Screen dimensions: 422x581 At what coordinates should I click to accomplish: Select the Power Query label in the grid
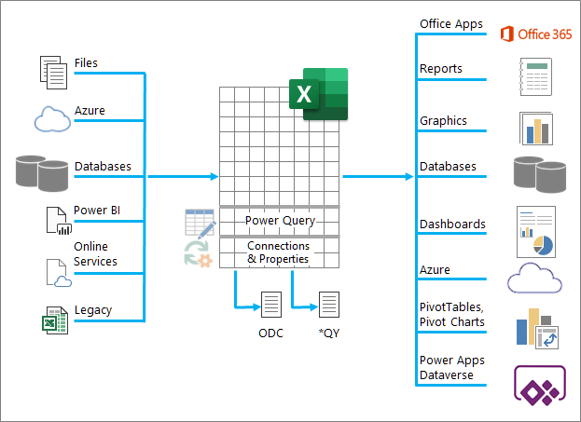coord(280,221)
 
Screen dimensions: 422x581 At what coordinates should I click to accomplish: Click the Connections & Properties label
coord(279,252)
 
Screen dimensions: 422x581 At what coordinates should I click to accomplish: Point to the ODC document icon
coord(270,305)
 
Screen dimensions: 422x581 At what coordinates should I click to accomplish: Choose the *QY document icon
coord(329,305)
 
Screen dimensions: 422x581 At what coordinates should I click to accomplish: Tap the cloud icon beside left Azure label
coord(51,118)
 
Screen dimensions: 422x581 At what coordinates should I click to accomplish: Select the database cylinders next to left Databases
coord(43,172)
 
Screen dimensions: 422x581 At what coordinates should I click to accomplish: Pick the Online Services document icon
coord(58,271)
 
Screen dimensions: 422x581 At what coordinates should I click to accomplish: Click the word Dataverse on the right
coord(447,375)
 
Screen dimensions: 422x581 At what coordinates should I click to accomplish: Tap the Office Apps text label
coord(451,24)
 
